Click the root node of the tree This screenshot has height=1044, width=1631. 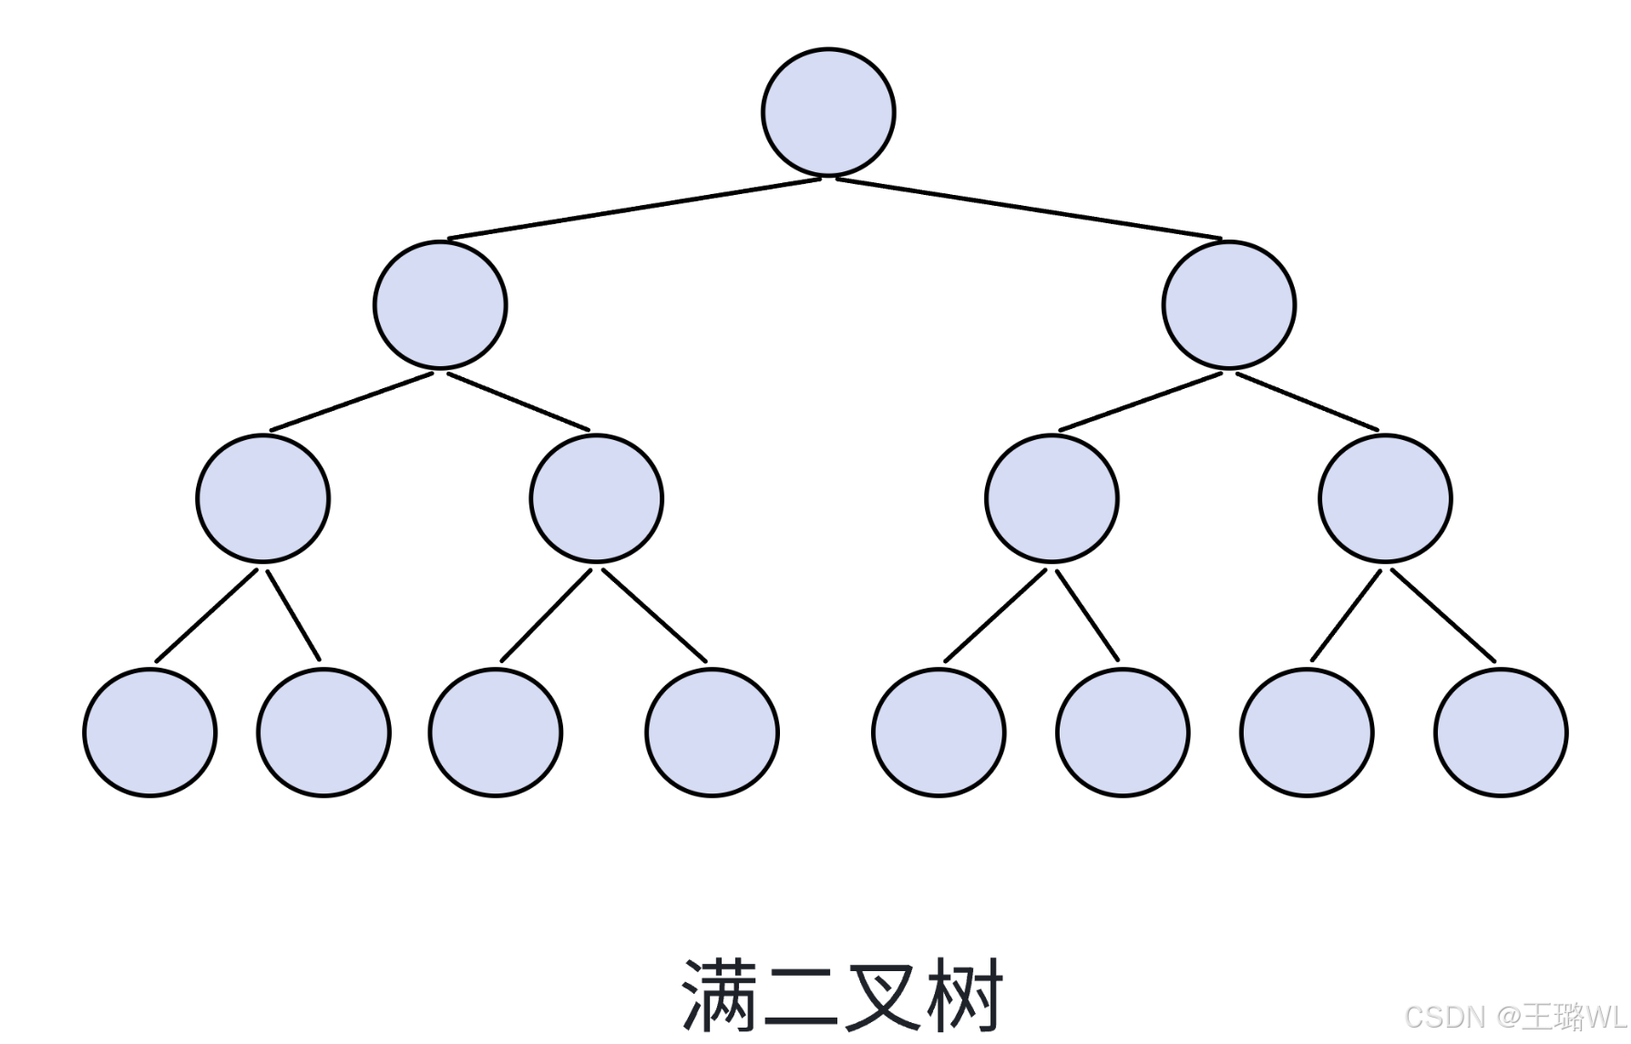(828, 112)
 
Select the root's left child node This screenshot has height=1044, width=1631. (440, 305)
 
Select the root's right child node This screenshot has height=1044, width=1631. (1228, 305)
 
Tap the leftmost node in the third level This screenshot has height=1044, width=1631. (262, 498)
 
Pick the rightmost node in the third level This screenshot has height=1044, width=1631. (1385, 498)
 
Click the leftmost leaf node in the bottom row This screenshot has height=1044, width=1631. (149, 732)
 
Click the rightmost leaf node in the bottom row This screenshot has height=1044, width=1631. (1501, 732)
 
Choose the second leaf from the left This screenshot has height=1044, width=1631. (323, 732)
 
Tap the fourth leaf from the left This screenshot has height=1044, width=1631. (712, 732)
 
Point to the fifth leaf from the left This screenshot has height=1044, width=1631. (939, 732)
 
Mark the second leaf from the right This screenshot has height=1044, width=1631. (1307, 732)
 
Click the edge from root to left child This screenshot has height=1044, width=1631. (634, 209)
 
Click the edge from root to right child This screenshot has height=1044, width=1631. (1029, 209)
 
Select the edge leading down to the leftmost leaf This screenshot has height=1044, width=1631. (207, 616)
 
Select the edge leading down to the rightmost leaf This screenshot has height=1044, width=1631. (1443, 616)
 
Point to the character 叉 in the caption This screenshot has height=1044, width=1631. (882, 995)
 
